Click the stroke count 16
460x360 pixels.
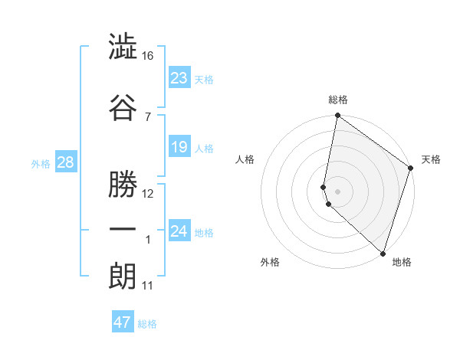(149, 56)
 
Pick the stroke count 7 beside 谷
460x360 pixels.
(148, 116)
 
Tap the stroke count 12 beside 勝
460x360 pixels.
(149, 194)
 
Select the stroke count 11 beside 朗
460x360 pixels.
(148, 286)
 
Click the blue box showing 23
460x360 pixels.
(179, 77)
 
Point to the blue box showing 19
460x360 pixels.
(179, 147)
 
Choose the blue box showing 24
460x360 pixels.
(179, 231)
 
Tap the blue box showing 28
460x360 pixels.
(64, 162)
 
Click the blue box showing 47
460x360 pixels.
(123, 322)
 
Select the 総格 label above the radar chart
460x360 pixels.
(338, 100)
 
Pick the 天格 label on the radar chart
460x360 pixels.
(431, 159)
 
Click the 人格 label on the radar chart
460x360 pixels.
(245, 159)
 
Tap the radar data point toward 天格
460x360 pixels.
(411, 169)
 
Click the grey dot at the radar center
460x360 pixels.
(338, 191)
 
